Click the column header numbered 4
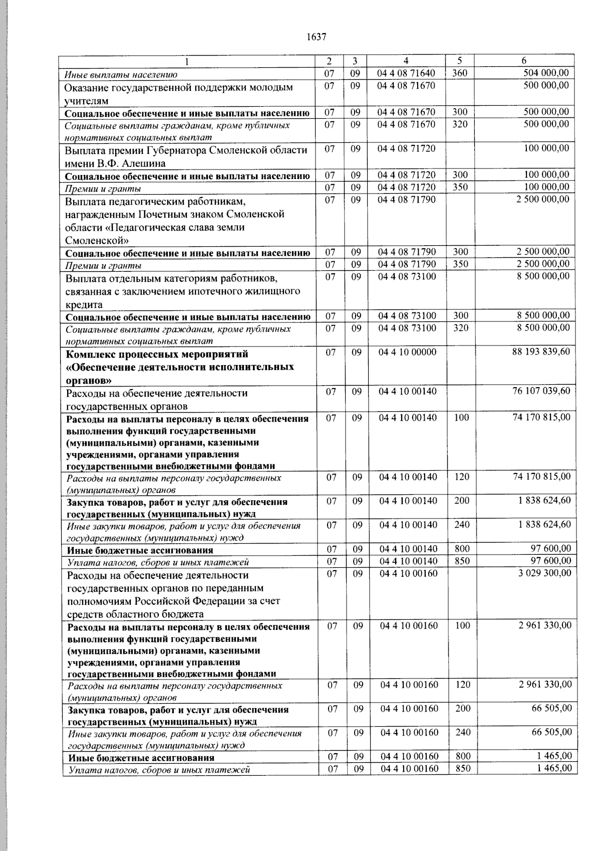tap(406, 61)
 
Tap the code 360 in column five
tap(459, 73)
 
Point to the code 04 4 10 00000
tap(407, 352)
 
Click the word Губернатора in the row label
tap(177, 150)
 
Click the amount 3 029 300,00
tap(544, 573)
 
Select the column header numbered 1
tap(187, 61)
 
